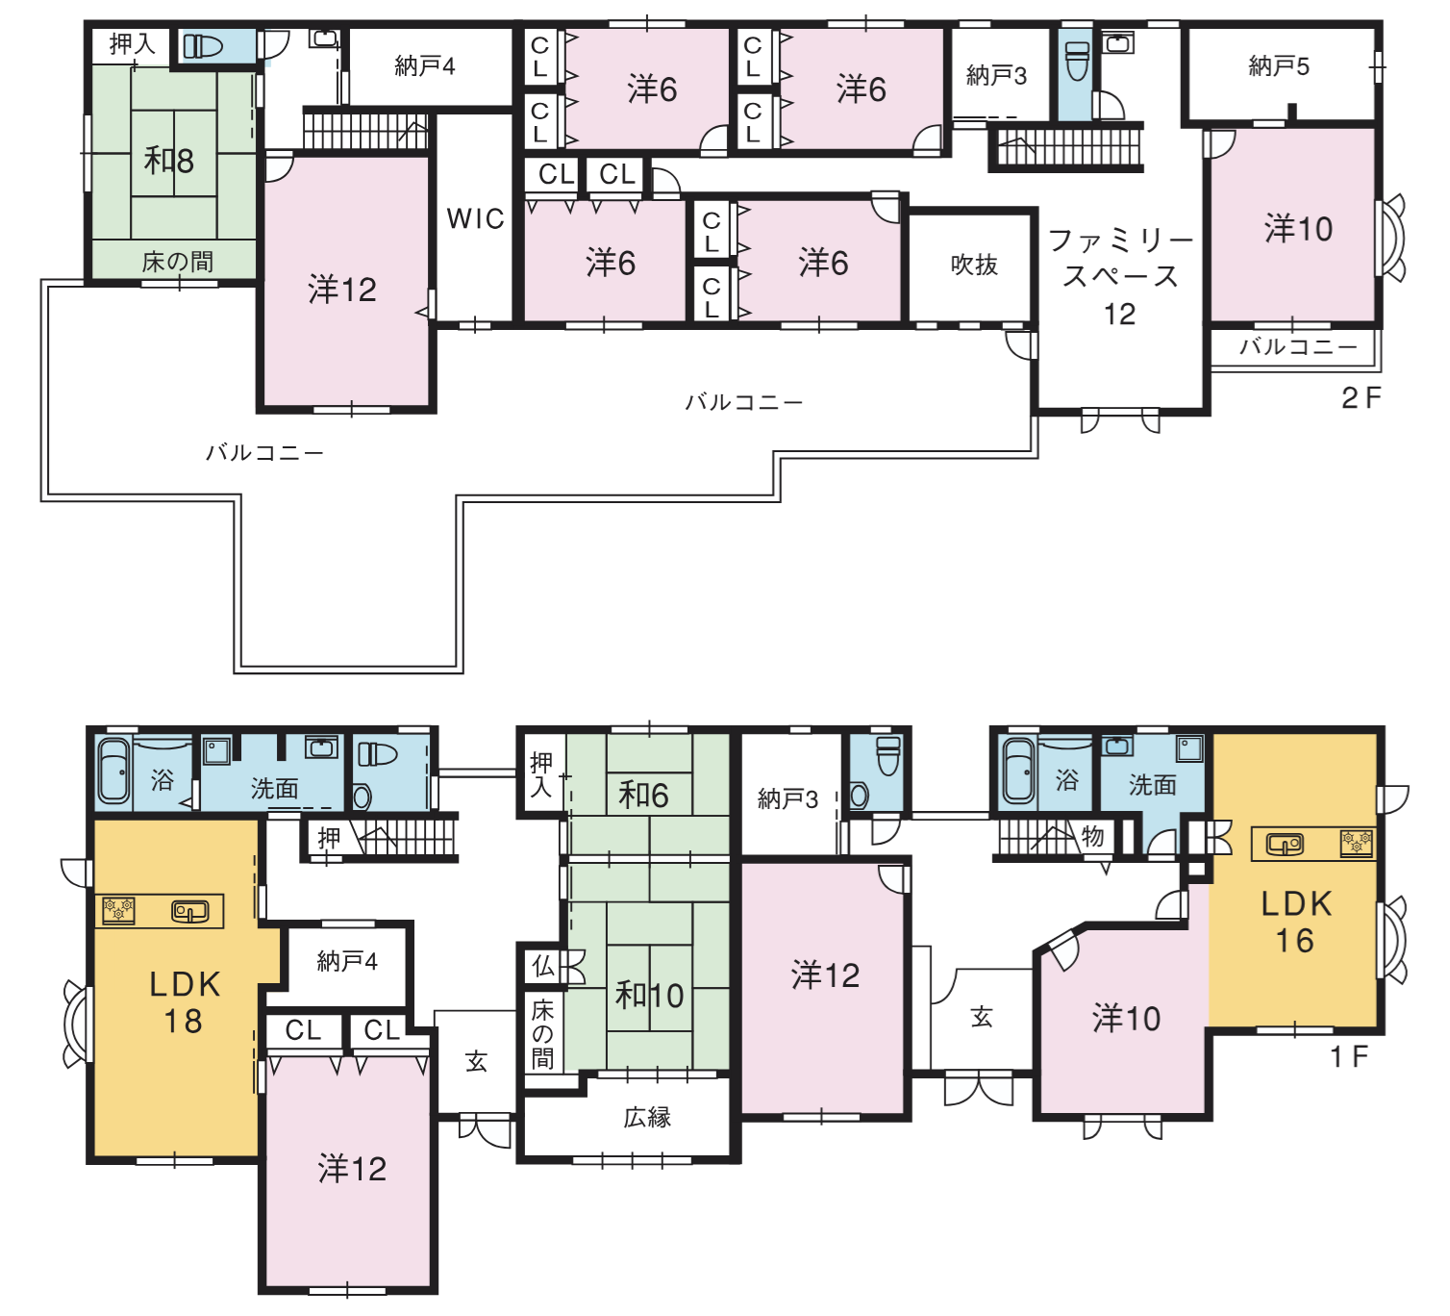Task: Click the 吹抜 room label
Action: tap(974, 265)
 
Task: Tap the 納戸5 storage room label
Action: tap(1279, 66)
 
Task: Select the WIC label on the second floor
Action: tap(475, 218)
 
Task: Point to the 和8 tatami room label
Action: tap(169, 160)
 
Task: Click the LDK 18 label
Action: tap(185, 1002)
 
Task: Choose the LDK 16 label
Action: tap(1296, 923)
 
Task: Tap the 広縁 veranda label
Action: tap(647, 1118)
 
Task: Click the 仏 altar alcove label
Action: tap(543, 966)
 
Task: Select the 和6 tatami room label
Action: tap(643, 796)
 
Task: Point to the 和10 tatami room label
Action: tap(649, 997)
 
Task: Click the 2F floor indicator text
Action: tap(1362, 398)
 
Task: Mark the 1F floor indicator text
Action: tap(1350, 1057)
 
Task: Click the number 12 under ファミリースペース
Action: tap(1119, 314)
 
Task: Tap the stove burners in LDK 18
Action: tap(118, 910)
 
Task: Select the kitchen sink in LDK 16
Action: tap(1285, 844)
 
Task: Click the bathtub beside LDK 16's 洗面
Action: tap(1018, 772)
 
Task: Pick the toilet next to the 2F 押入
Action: tap(203, 47)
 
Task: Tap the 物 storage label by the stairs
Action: tap(1092, 836)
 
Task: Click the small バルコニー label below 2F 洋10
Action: tap(1298, 347)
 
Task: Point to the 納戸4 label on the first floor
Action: tap(347, 961)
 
